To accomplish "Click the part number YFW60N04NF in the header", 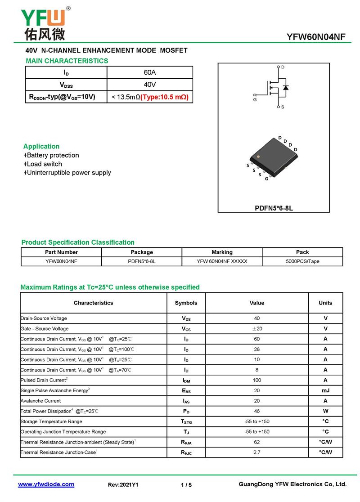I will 316,37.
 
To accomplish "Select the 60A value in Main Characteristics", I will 150,72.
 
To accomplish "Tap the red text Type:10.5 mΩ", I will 165,97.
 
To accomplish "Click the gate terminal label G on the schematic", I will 255,100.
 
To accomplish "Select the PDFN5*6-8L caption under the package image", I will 274,208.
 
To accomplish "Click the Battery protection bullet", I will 53,155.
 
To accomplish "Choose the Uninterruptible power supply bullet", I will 69,172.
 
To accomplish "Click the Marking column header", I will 222,252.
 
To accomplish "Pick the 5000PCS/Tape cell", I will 302,261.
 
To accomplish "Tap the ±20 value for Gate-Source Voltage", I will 256,329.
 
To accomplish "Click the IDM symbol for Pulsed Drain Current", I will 186,381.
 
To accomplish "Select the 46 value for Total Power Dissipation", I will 256,411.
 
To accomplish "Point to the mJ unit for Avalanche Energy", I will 325,390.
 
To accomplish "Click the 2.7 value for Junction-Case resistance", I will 256,452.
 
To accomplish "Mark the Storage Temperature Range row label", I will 51,421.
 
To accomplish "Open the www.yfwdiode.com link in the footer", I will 46,484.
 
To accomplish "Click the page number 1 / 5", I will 186,485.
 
